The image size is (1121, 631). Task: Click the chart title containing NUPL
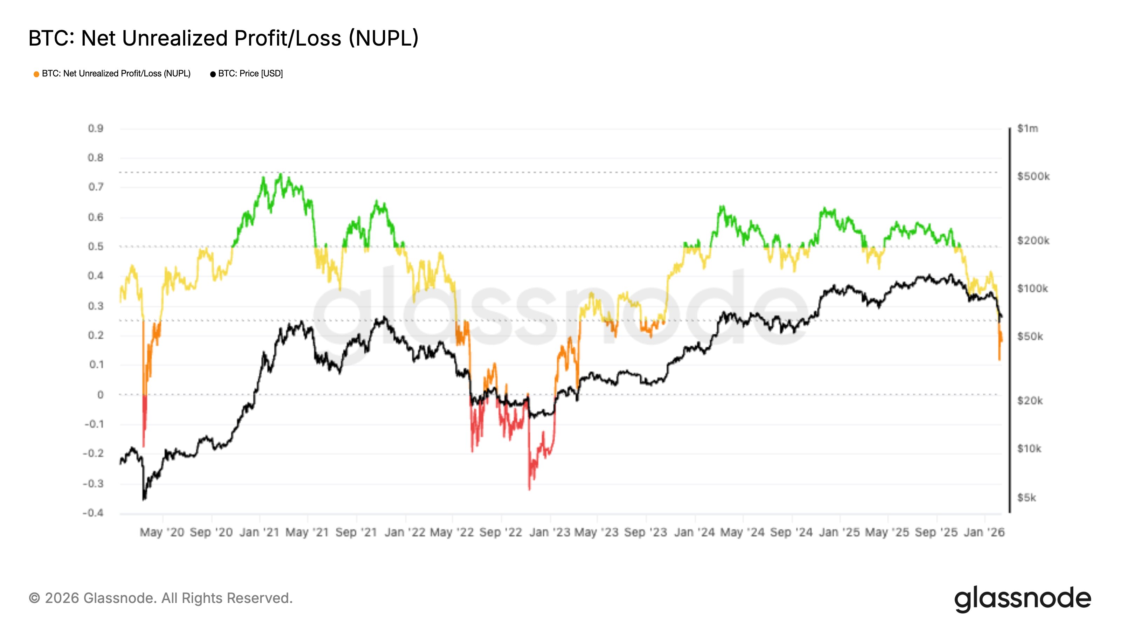[223, 38]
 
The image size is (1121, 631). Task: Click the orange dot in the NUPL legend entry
[36, 74]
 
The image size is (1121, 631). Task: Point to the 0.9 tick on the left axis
[95, 128]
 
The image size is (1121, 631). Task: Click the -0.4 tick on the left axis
[93, 513]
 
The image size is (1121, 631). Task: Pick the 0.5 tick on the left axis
[95, 246]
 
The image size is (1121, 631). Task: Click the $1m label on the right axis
[1027, 128]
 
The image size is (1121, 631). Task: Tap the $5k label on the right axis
[1026, 497]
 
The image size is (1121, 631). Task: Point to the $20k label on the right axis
[1030, 400]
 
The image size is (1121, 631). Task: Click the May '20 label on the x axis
[162, 532]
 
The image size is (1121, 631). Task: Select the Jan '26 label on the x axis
[984, 532]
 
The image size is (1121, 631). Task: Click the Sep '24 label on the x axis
[791, 532]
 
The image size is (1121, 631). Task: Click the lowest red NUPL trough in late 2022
[529, 489]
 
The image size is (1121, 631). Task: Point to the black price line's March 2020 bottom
[144, 499]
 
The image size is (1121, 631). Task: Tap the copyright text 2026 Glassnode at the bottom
[160, 598]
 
